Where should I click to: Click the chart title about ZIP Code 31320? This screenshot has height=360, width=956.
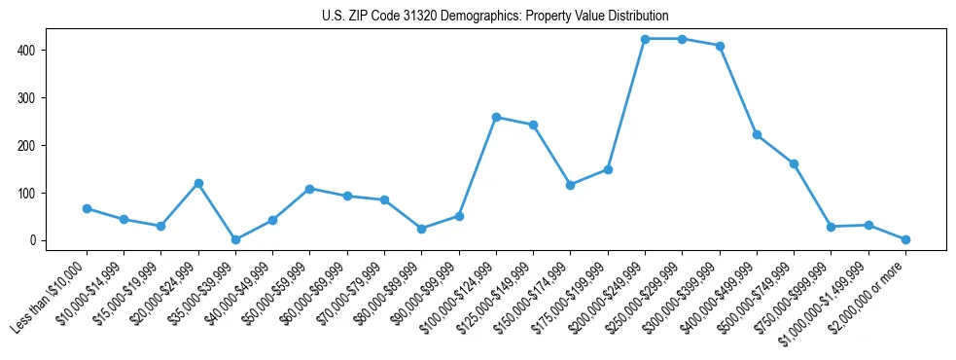[495, 17]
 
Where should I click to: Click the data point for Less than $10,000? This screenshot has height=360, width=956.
[87, 208]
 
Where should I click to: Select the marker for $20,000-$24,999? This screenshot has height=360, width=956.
[198, 183]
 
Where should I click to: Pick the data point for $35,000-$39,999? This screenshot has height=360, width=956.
[235, 239]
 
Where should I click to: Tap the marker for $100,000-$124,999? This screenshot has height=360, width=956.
[496, 117]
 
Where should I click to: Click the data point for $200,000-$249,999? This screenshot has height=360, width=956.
[645, 39]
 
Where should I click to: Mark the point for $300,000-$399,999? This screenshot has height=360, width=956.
[720, 46]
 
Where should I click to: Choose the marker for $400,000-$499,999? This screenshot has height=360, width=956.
[757, 135]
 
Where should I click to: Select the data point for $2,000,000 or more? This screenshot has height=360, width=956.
[905, 239]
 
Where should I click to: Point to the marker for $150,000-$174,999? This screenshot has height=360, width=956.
[571, 185]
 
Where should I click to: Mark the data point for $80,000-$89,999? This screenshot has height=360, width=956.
[421, 229]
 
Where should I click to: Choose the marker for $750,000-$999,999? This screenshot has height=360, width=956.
[831, 227]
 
